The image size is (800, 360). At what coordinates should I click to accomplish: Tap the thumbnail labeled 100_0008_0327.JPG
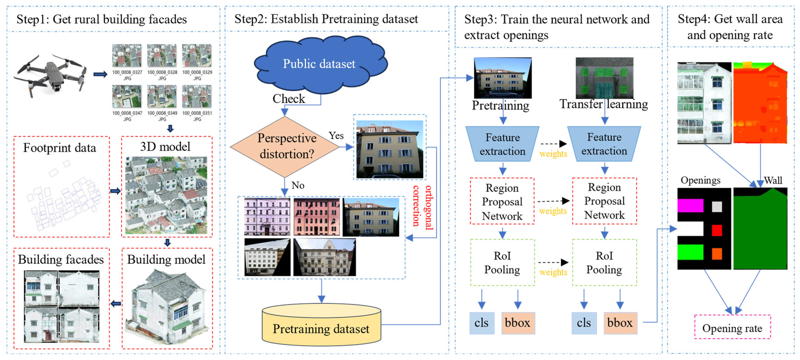[x=127, y=56]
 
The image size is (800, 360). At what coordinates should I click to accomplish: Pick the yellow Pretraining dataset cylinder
[x=321, y=326]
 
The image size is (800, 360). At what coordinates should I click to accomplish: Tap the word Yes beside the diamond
[x=336, y=136]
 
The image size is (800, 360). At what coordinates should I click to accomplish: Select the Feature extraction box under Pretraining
[x=502, y=144]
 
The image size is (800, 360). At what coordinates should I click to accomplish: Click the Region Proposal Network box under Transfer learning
[x=604, y=201]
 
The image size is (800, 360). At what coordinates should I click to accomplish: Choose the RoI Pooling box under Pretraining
[x=502, y=262]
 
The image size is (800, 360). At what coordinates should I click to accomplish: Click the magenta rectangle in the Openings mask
[x=690, y=206]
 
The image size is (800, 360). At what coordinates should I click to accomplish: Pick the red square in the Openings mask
[x=717, y=230]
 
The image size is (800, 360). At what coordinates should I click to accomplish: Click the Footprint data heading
[x=60, y=148]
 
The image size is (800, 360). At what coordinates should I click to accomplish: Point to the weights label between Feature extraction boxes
[x=553, y=154]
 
